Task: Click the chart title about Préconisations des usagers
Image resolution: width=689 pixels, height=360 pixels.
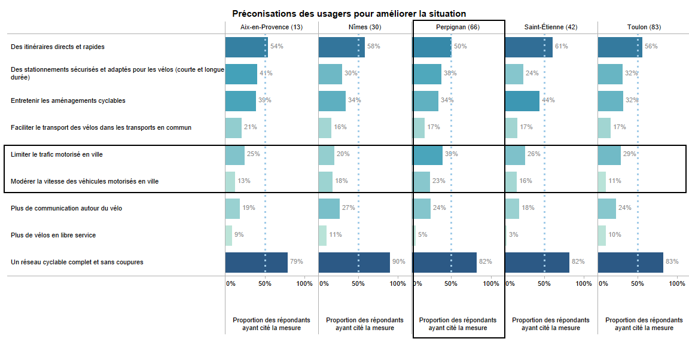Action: [x=349, y=13]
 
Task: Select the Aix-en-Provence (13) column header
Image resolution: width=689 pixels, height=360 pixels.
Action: [x=272, y=28]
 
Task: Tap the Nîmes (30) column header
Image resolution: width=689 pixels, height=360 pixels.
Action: [x=365, y=28]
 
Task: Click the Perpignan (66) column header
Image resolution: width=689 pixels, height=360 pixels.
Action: [x=458, y=28]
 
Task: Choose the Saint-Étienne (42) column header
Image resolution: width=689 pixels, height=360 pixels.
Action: [x=551, y=28]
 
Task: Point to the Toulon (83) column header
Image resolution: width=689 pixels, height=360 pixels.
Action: [x=644, y=28]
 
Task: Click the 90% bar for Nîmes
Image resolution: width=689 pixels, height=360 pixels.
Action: [x=354, y=262]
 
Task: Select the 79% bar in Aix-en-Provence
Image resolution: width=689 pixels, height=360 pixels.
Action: [x=256, y=262]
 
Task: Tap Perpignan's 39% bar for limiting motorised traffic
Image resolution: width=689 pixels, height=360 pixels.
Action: [x=428, y=154]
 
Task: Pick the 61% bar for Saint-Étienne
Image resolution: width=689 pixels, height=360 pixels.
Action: [x=529, y=46]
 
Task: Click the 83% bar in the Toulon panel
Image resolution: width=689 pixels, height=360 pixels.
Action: [x=630, y=262]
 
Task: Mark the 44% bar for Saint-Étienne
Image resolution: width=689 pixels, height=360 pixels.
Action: [x=522, y=100]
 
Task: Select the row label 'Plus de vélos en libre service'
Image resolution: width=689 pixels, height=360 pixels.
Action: [x=53, y=235]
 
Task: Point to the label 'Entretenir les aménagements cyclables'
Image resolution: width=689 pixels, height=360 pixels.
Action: [x=68, y=100]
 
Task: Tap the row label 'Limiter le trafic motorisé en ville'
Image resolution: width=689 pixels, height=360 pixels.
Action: [x=57, y=154]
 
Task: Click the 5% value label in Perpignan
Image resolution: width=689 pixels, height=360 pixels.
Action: [x=422, y=235]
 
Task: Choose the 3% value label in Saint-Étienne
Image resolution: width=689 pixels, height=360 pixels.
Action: [x=513, y=235]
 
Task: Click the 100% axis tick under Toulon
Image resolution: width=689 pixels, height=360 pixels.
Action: [x=677, y=283]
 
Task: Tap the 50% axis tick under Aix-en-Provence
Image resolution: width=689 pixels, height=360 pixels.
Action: [x=265, y=283]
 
